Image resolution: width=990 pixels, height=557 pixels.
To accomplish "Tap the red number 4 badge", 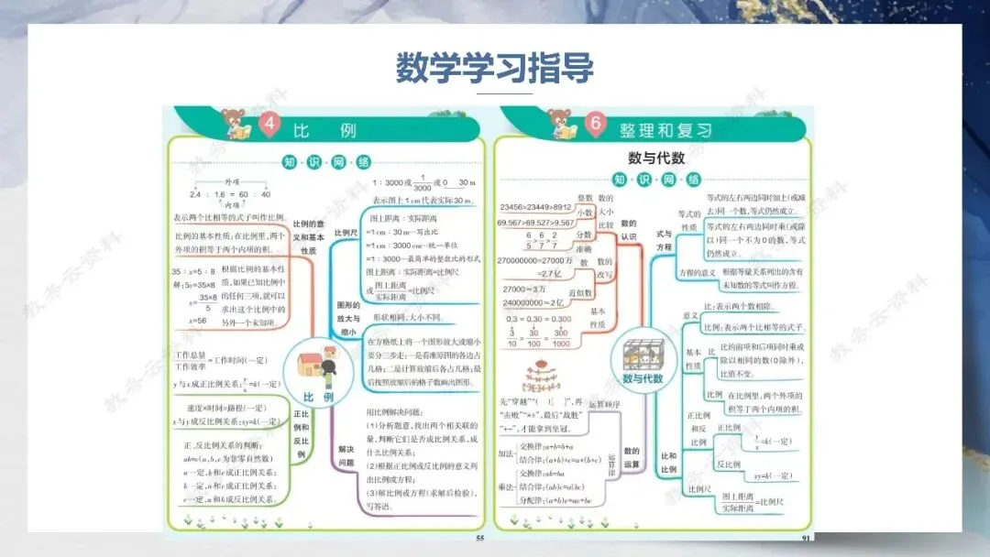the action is (269, 125).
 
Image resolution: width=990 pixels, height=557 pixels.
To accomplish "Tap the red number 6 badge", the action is (596, 125).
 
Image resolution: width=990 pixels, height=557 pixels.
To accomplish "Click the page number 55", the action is (478, 538).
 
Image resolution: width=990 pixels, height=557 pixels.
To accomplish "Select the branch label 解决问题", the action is (345, 455).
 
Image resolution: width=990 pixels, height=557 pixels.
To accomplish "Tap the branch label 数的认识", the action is (628, 229).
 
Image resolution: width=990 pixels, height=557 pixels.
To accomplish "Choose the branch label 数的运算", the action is (631, 457).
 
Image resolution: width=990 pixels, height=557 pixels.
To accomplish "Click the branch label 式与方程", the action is (664, 240).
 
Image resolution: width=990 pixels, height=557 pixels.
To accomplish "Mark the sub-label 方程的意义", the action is (696, 274).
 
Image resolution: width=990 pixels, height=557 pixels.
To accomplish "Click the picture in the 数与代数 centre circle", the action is (642, 353).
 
